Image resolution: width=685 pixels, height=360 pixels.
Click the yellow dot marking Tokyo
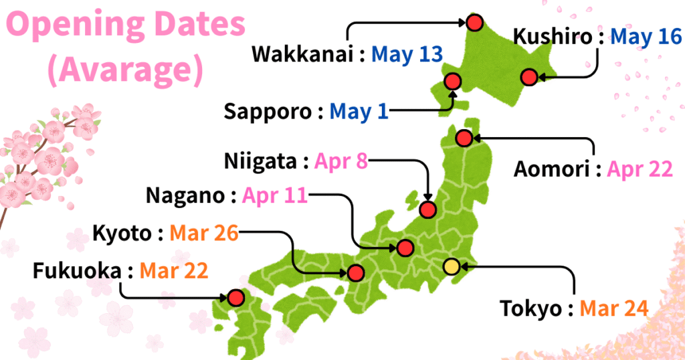(x=452, y=266)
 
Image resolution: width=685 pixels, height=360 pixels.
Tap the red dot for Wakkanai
(x=474, y=23)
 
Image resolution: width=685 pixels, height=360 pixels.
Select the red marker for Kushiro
(x=529, y=78)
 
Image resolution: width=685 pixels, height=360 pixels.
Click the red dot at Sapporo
(x=453, y=82)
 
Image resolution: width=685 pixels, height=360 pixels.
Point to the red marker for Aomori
(x=464, y=139)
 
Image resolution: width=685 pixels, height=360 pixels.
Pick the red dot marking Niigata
(x=428, y=209)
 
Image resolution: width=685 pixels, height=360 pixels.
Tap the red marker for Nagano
(x=405, y=248)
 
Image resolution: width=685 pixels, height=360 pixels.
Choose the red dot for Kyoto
(x=355, y=273)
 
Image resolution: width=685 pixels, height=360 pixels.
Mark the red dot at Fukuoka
(x=235, y=297)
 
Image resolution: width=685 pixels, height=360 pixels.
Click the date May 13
(x=407, y=54)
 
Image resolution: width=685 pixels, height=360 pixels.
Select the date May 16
(x=645, y=37)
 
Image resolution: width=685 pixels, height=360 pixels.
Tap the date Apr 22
(x=640, y=169)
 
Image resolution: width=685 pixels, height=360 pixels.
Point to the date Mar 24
(x=613, y=308)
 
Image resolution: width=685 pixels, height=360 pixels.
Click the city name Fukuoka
(x=77, y=271)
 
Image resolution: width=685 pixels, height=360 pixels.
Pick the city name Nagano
(x=186, y=196)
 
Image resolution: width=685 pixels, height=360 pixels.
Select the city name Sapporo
(x=268, y=110)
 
